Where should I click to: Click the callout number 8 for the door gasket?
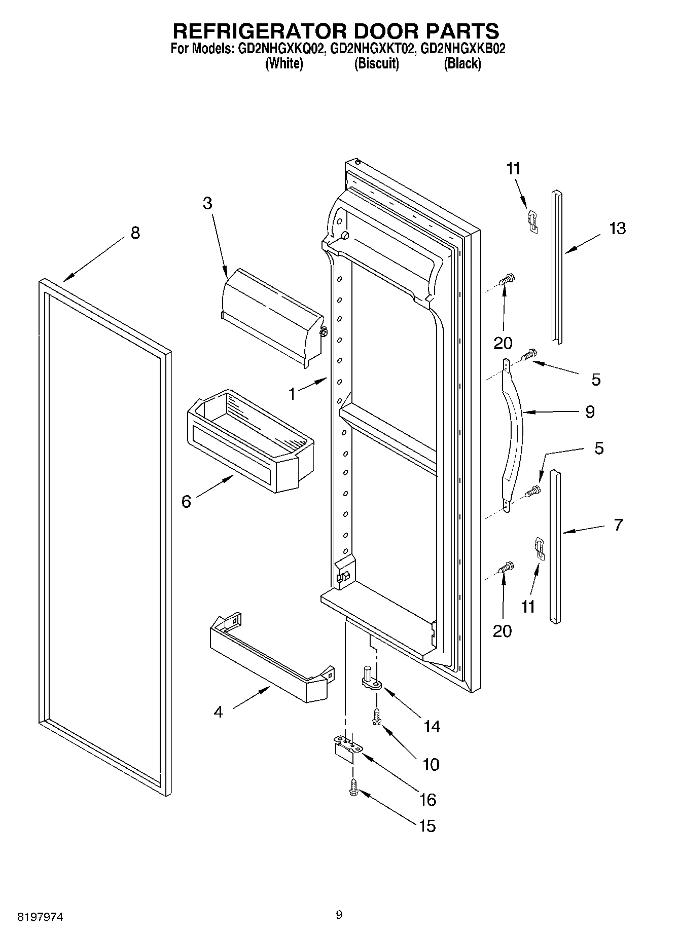coord(135,233)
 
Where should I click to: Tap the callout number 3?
coord(207,203)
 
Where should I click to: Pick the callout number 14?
coord(432,727)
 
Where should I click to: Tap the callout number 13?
coord(617,229)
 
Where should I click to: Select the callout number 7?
coord(618,524)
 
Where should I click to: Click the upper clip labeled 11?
coord(532,221)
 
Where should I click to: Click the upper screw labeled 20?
coord(507,279)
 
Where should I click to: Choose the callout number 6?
coord(186,502)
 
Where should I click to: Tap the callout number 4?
coord(218,712)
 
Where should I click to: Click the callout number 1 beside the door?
coord(292,394)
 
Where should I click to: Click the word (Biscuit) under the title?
coord(376,64)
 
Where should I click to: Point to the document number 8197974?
coord(41,917)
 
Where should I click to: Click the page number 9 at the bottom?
coord(339,914)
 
